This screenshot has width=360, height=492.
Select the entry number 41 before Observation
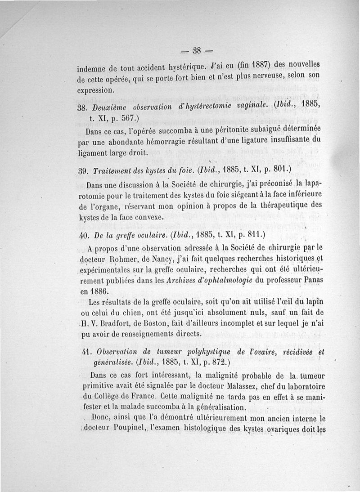[x=82, y=353]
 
